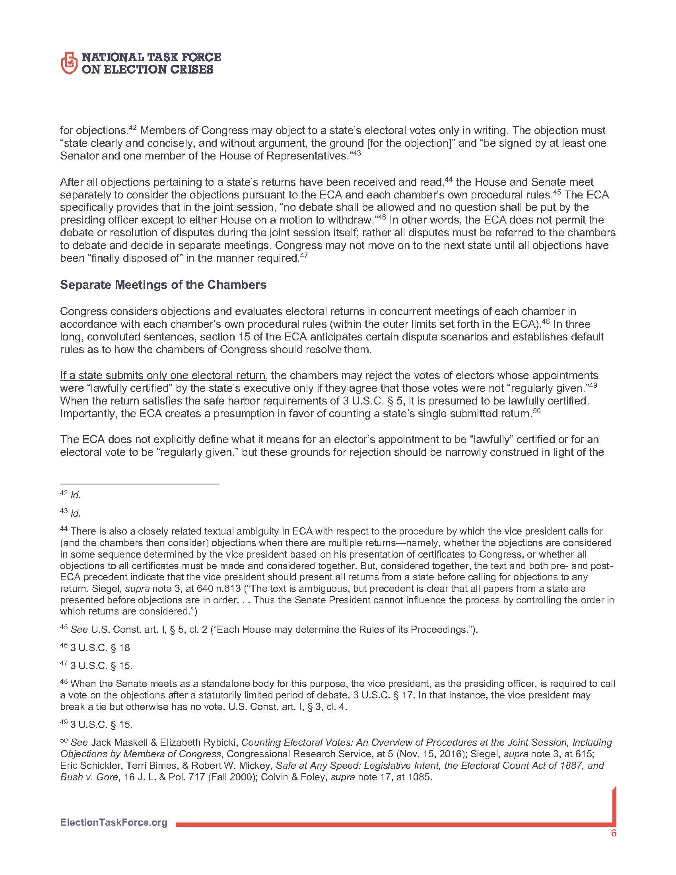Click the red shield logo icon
pos(69,63)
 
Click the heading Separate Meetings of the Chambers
pos(163,284)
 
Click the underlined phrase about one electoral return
pos(163,375)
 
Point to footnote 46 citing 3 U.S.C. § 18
pos(100,648)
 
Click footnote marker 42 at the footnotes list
pos(64,494)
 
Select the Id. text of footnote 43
pos(75,513)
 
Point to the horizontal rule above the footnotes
pos(139,484)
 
